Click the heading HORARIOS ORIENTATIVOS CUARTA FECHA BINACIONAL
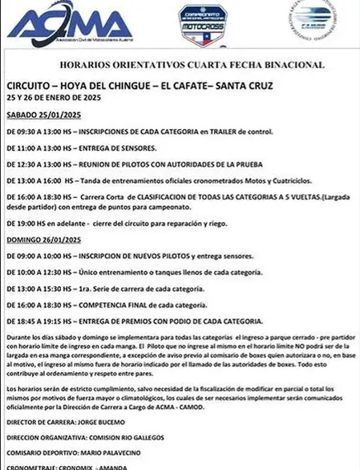click(x=180, y=64)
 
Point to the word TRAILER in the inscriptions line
click(x=238, y=132)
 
